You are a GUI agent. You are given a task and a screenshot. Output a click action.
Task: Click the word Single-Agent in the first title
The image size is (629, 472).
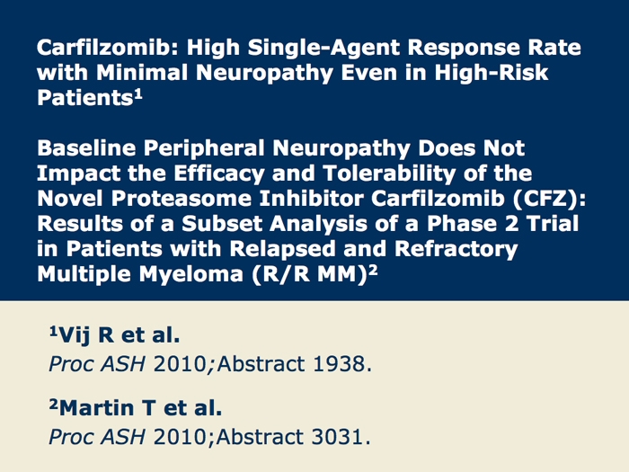(x=323, y=49)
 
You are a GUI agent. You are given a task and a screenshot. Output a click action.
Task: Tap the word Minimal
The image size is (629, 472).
(x=142, y=73)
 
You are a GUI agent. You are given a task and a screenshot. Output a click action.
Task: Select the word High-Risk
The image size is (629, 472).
(x=492, y=74)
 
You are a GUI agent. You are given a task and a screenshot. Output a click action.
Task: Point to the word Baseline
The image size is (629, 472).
(x=86, y=148)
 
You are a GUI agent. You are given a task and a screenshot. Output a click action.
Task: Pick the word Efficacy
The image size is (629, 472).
(x=219, y=174)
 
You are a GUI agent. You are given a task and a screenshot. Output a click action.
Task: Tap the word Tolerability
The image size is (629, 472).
(x=389, y=174)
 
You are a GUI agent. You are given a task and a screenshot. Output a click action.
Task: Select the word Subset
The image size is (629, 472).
(x=222, y=224)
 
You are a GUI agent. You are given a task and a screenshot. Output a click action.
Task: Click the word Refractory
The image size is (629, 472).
(x=456, y=250)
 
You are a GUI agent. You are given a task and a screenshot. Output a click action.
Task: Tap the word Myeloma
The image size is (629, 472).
(x=190, y=275)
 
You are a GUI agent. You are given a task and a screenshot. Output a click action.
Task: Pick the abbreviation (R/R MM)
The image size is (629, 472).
(x=310, y=275)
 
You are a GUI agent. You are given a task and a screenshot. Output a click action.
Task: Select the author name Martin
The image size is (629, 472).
(x=96, y=408)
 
